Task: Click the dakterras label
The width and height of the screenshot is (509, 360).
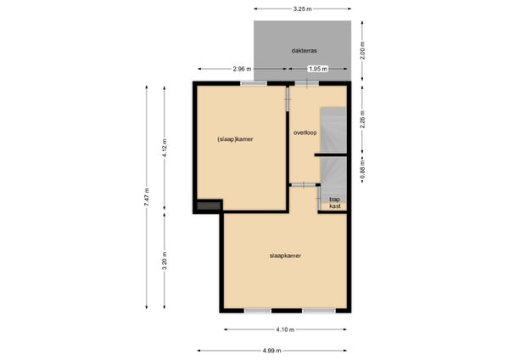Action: (x=304, y=51)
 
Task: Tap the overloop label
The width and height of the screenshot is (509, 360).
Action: (x=305, y=132)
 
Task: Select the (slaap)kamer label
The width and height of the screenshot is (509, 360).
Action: (x=235, y=139)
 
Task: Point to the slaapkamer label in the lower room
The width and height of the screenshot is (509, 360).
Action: (x=285, y=256)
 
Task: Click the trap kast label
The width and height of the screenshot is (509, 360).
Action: (x=335, y=203)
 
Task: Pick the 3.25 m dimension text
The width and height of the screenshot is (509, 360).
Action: (x=302, y=9)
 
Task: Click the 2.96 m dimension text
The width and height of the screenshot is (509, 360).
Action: (x=242, y=69)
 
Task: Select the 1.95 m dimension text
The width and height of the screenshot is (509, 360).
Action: (x=318, y=69)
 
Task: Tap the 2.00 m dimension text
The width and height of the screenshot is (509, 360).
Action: (x=362, y=51)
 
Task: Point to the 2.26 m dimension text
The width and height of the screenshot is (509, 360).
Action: (x=362, y=120)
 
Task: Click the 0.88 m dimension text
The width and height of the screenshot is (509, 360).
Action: (x=362, y=169)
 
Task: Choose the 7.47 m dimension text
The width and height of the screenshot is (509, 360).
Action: (x=147, y=197)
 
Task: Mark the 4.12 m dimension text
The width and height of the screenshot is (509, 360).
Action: (x=165, y=148)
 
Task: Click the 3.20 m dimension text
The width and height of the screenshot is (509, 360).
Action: (x=165, y=262)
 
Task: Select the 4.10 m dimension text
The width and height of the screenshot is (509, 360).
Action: (x=285, y=329)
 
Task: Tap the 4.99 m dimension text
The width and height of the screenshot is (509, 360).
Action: (x=272, y=351)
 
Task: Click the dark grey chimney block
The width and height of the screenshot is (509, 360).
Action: (x=209, y=206)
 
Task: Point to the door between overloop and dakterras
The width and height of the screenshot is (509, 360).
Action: (x=307, y=83)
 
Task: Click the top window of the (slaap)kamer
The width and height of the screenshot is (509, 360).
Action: (x=254, y=83)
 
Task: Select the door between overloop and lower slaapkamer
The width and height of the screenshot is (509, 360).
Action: (x=304, y=185)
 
